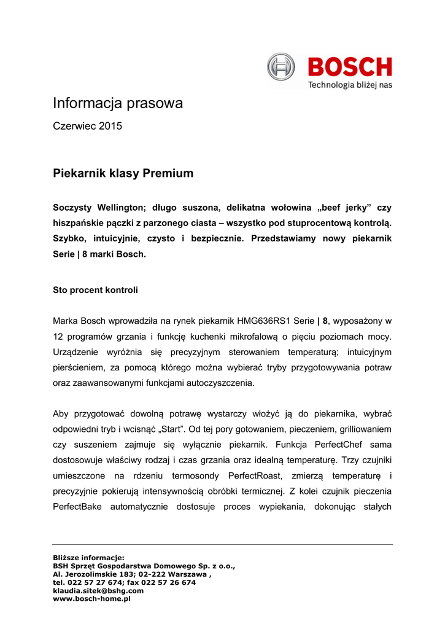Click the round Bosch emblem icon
point(281,66)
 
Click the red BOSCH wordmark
point(350,67)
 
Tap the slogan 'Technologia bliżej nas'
point(350,85)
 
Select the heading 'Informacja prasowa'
point(118,103)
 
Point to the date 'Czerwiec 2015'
point(87,127)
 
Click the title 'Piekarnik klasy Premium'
point(123,173)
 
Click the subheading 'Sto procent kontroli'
point(95,290)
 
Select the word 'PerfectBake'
point(77,507)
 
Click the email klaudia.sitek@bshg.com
point(98,590)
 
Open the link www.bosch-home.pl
point(91,598)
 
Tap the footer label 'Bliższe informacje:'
point(88,558)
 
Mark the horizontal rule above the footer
point(222,544)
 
